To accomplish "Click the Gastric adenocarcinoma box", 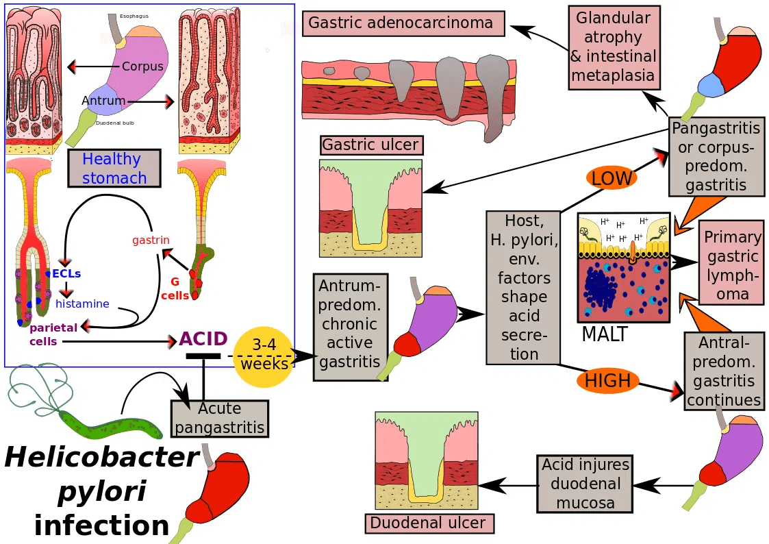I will click(403, 23).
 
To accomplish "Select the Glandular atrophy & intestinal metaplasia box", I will click(614, 47).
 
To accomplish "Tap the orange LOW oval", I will click(612, 178).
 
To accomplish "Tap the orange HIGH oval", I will click(607, 381).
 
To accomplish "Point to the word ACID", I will click(203, 339).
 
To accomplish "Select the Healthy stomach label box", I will click(114, 169).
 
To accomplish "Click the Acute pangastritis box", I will click(219, 419).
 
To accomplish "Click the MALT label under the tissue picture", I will click(604, 334).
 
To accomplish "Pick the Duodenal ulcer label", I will click(428, 523).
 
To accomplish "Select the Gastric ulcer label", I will click(371, 145).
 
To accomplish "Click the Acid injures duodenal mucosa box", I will click(585, 484).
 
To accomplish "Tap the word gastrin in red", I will click(151, 240).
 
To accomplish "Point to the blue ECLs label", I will click(66, 273).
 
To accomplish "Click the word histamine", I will click(82, 304).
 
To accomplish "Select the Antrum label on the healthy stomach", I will click(103, 101).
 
